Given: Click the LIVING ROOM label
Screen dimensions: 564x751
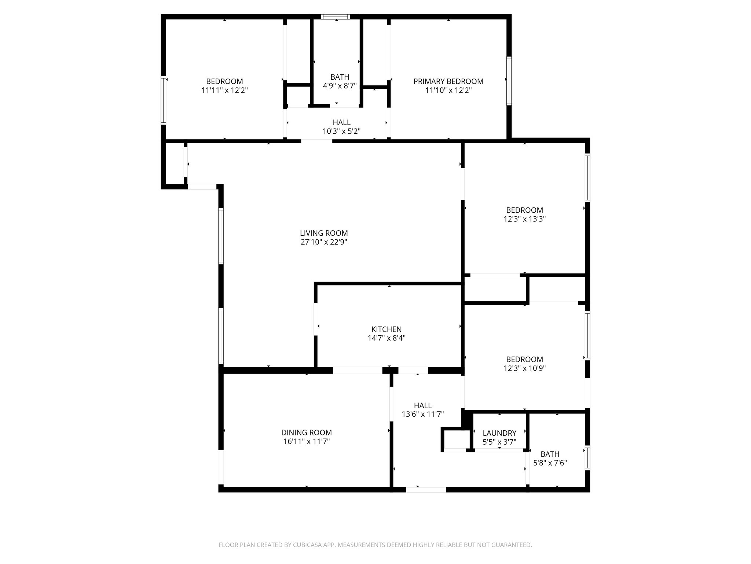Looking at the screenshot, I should click(x=324, y=233).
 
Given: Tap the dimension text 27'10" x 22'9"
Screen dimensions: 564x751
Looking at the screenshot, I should click(x=324, y=242).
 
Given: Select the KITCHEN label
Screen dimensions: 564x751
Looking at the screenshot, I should click(x=387, y=329).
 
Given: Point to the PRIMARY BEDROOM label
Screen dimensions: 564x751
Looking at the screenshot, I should click(x=448, y=82).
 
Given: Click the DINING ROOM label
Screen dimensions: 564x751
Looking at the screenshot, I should click(x=306, y=433).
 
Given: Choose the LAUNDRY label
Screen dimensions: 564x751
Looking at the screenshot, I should click(x=499, y=433).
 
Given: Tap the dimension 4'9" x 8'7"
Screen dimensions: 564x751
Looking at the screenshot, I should click(x=340, y=86).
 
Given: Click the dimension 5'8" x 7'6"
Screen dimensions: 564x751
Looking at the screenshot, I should click(x=550, y=463).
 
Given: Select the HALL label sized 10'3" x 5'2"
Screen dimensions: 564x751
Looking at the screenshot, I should click(x=341, y=122).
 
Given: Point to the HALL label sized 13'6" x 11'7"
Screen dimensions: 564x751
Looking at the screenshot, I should click(x=422, y=405).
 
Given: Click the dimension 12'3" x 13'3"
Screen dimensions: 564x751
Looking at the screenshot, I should click(x=524, y=219).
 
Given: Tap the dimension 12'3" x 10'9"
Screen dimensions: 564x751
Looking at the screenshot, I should click(x=524, y=368).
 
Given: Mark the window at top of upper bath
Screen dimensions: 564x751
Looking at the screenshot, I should click(x=335, y=17).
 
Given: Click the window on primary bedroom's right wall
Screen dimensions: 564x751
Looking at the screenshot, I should click(x=509, y=81).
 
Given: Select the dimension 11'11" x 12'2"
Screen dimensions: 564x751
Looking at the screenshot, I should click(x=224, y=90).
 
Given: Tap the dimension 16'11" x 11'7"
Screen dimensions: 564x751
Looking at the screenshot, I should click(x=306, y=442).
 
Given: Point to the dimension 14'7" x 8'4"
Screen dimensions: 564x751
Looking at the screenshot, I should click(x=387, y=338).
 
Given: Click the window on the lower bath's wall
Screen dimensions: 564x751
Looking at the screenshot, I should click(x=587, y=458).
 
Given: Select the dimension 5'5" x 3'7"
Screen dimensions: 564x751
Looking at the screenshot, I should click(x=499, y=442).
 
